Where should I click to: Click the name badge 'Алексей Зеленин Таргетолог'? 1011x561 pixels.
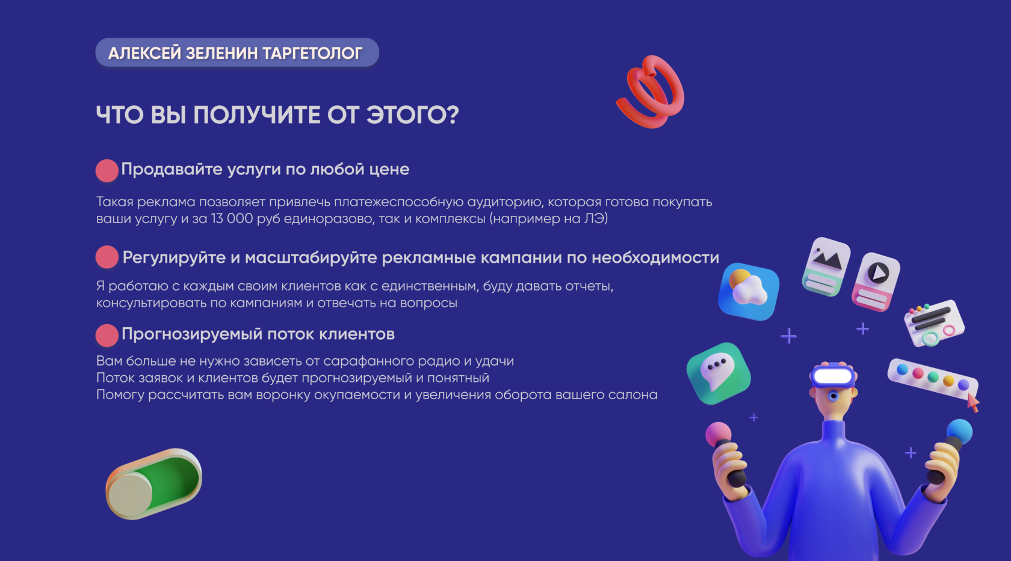pyautogui.click(x=237, y=52)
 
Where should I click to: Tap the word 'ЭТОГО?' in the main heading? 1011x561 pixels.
pyautogui.click(x=412, y=115)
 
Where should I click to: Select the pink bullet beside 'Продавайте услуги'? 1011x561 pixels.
pyautogui.click(x=107, y=171)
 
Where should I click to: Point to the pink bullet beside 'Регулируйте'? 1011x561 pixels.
pyautogui.click(x=107, y=257)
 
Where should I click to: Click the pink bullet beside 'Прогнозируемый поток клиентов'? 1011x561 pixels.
pyautogui.click(x=107, y=336)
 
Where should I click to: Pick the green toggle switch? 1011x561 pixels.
pyautogui.click(x=154, y=484)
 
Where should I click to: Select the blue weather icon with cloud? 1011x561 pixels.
pyautogui.click(x=749, y=291)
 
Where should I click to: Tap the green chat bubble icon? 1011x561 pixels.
pyautogui.click(x=719, y=373)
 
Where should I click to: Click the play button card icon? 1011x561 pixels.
pyautogui.click(x=876, y=282)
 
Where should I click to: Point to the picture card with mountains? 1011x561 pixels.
pyautogui.click(x=826, y=266)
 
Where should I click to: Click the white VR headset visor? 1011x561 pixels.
pyautogui.click(x=833, y=376)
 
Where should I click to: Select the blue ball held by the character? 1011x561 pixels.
pyautogui.click(x=959, y=431)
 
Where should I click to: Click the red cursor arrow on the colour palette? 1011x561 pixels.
pyautogui.click(x=973, y=402)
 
